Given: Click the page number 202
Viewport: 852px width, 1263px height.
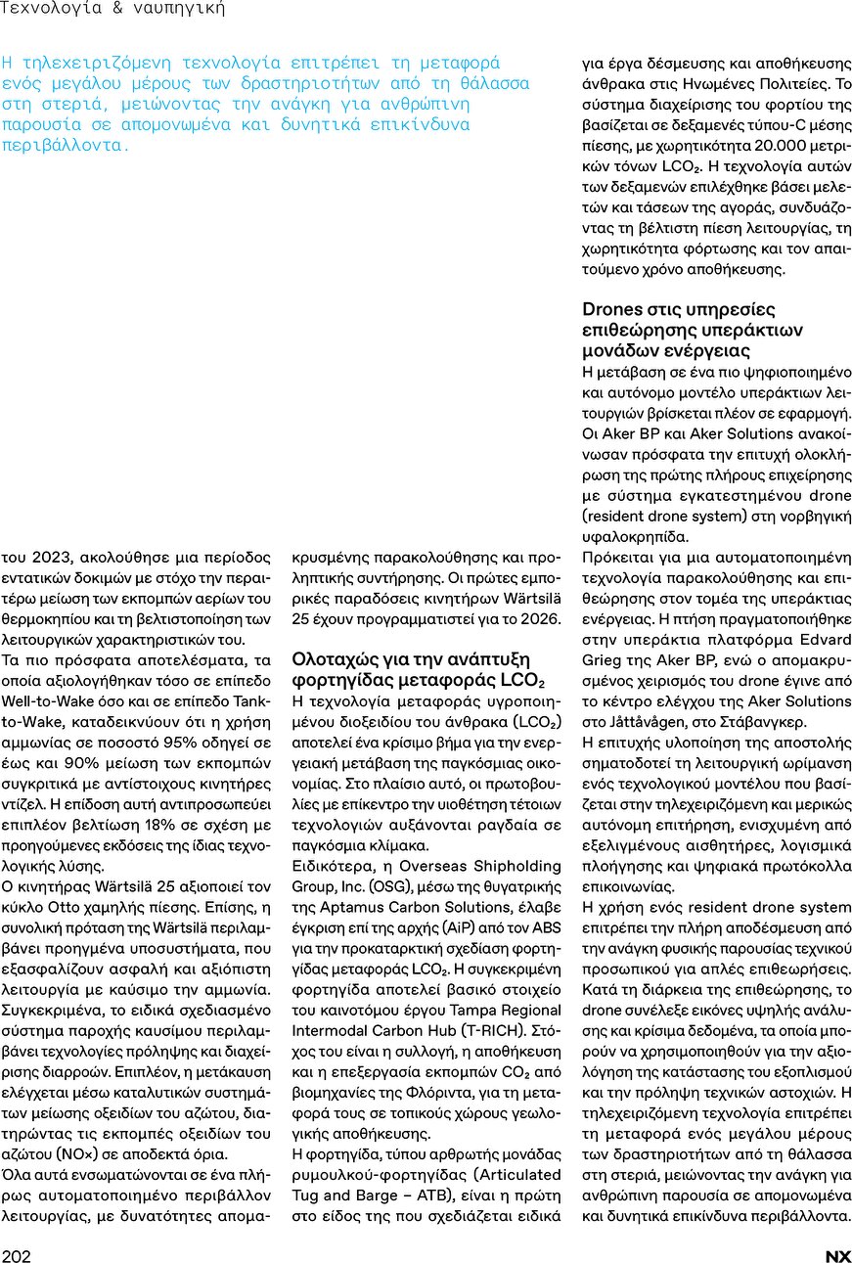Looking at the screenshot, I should (16, 1256).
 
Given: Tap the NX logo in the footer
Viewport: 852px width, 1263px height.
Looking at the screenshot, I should (838, 1256).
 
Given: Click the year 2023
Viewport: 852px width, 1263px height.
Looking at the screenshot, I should (38, 558).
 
